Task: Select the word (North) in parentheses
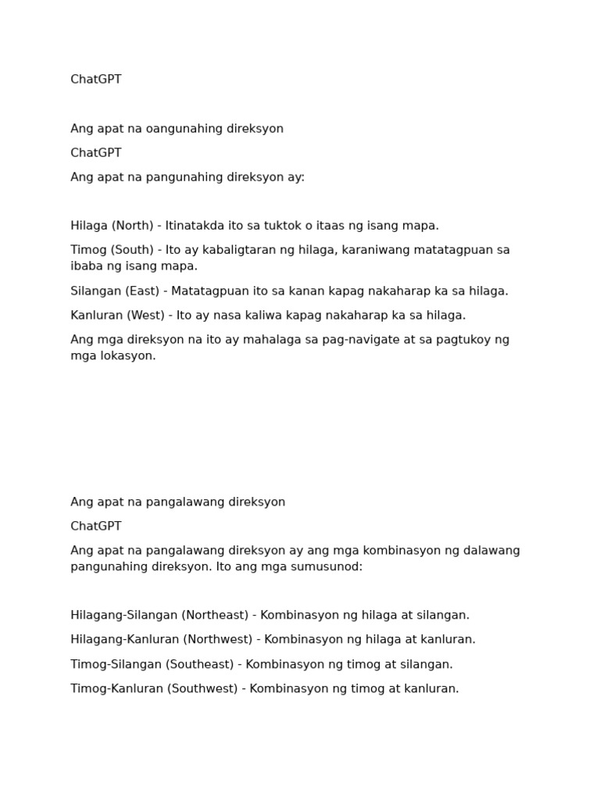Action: (x=132, y=226)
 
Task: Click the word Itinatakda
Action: (x=195, y=226)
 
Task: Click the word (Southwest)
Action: (x=202, y=689)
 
